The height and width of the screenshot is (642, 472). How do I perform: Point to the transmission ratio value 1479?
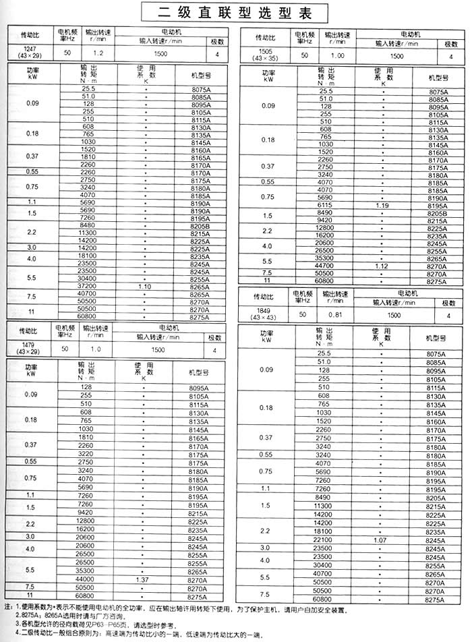tap(28, 345)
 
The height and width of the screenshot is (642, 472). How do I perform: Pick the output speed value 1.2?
tap(98, 52)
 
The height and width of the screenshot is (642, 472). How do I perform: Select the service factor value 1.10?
tap(144, 287)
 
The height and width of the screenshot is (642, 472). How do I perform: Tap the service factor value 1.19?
tap(383, 205)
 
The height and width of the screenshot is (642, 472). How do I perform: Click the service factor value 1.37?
tap(142, 579)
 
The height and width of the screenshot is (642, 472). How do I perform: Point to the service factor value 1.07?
tap(382, 540)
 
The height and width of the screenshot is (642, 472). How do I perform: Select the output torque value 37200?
tap(88, 287)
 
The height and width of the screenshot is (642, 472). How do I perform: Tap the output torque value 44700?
tap(326, 266)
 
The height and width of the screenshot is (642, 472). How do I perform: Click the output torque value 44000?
tap(86, 579)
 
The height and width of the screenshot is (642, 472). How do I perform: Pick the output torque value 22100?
tap(324, 540)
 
